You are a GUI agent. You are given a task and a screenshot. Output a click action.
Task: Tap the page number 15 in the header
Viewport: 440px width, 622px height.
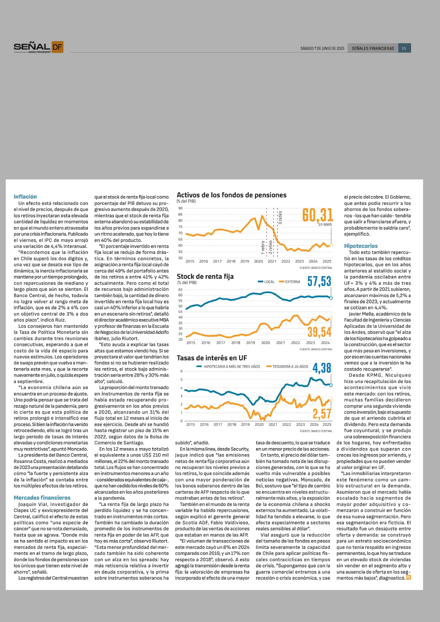[x=404, y=48]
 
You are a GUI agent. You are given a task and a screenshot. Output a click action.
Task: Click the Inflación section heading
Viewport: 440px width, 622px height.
[x=25, y=197]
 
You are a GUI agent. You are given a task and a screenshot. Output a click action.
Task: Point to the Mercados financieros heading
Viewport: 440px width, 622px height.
[x=42, y=498]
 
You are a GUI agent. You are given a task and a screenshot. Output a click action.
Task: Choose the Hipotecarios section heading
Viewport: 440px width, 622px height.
[x=361, y=246]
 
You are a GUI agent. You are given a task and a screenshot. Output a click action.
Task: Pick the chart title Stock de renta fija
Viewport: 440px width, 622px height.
[x=205, y=277]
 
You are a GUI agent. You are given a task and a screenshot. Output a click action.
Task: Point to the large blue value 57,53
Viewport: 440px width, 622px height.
[x=319, y=281]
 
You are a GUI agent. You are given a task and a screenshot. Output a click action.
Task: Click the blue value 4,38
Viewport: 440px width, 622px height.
[x=322, y=368]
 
